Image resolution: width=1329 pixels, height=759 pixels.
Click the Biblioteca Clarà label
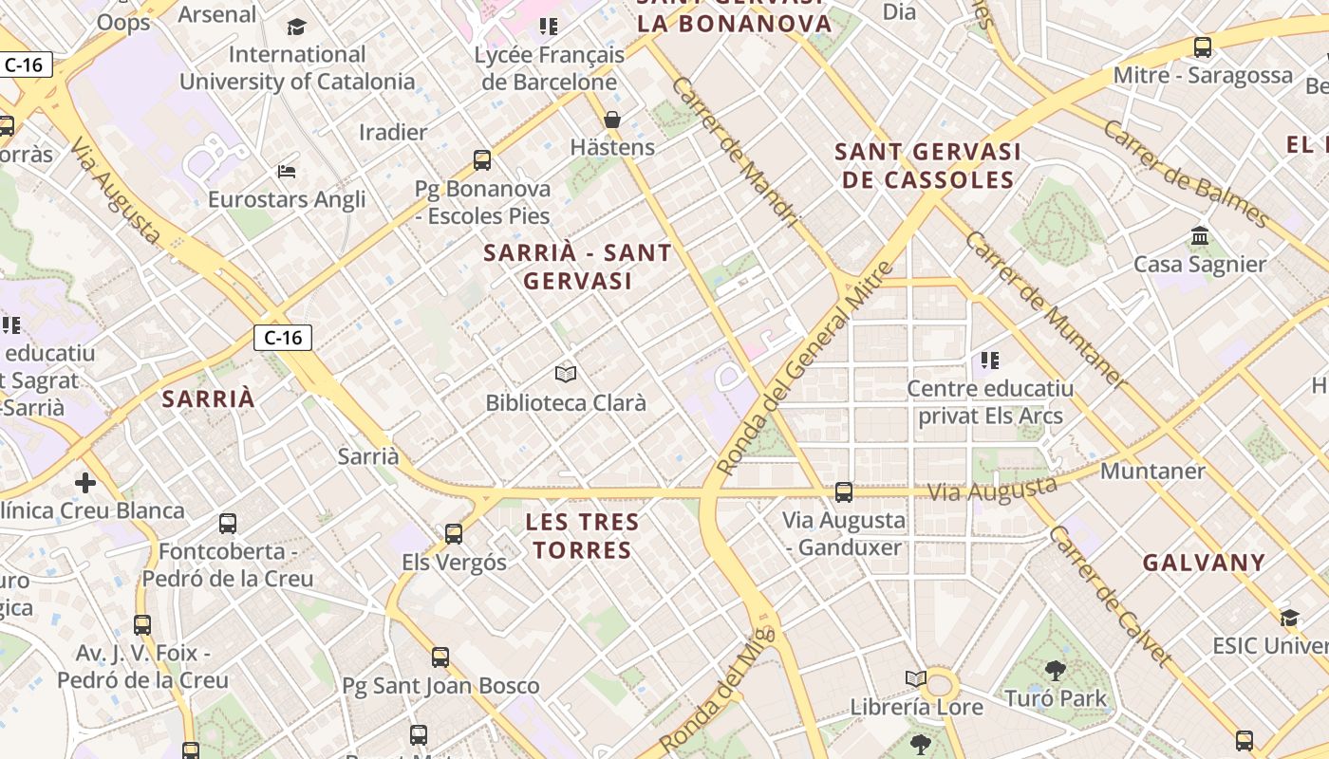tap(566, 403)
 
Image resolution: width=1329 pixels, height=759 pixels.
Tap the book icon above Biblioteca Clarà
tap(566, 374)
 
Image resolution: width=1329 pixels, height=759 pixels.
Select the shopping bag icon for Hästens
tap(612, 120)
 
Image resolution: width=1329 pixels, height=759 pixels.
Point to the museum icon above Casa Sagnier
tap(1200, 235)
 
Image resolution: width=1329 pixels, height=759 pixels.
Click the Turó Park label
tap(1071, 699)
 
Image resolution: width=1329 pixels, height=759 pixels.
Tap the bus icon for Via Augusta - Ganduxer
tap(843, 492)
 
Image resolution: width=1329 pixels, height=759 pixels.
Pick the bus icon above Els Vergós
tap(454, 534)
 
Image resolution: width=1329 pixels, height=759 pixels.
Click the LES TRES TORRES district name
tap(583, 536)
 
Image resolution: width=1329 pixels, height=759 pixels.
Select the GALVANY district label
tap(1204, 563)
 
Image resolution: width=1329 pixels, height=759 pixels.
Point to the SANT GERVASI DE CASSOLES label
tap(927, 165)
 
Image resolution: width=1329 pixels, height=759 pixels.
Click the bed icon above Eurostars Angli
tap(287, 172)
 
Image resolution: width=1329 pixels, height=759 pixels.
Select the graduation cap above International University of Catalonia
tap(297, 27)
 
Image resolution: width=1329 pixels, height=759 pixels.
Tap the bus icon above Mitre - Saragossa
tap(1203, 46)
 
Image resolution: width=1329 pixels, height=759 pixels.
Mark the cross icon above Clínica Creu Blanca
tap(85, 483)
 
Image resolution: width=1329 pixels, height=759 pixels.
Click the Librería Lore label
tap(916, 707)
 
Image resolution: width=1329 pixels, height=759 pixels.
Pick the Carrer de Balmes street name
tap(1186, 176)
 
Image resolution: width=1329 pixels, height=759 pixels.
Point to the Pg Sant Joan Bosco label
tap(440, 685)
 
